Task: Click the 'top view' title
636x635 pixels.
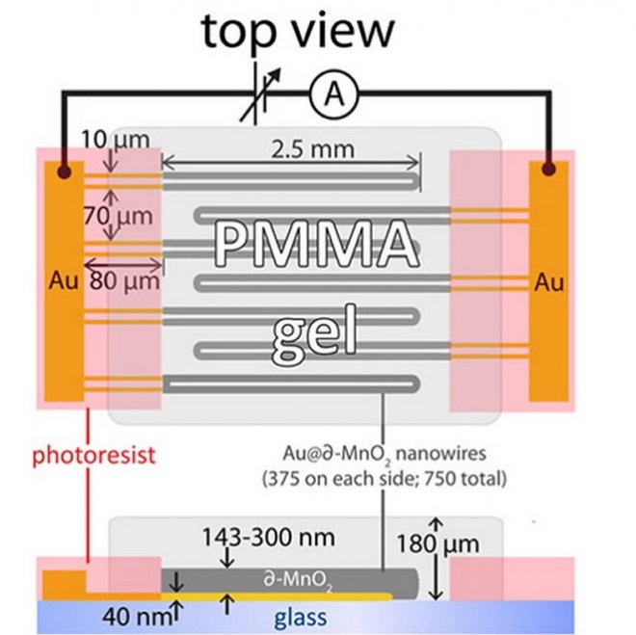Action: pyautogui.click(x=297, y=31)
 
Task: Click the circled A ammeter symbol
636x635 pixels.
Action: pyautogui.click(x=333, y=93)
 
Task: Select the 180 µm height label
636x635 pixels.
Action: pyautogui.click(x=438, y=546)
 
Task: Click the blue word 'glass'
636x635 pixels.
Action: pyautogui.click(x=299, y=617)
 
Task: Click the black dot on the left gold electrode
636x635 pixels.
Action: pyautogui.click(x=64, y=172)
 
